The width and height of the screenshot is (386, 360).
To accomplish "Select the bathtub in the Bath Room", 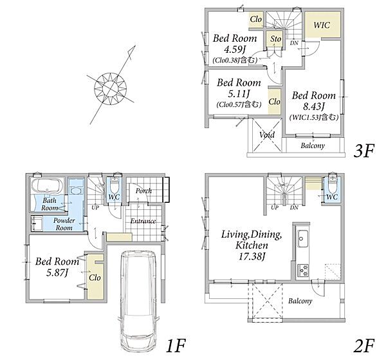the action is pos(47,185).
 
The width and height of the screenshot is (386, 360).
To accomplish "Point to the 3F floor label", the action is pos(364,151).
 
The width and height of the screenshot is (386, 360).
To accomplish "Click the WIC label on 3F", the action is pos(322,25).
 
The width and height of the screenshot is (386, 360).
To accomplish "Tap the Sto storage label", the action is pos(275,39).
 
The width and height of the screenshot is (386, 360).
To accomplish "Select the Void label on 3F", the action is pos(267,135).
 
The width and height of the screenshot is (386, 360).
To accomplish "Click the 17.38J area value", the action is pos(252,257).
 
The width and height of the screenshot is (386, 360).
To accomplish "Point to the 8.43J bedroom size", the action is pos(314,106).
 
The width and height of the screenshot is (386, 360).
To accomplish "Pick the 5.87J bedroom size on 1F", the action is pos(57,272).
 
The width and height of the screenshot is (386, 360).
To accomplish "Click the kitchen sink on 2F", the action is pos(302,238).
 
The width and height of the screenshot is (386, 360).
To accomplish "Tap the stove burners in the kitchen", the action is pos(303,270).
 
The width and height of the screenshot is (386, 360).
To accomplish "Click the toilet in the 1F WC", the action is pos(114,185).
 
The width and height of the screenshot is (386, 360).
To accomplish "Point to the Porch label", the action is pos(143,191).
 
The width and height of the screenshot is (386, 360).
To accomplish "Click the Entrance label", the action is pos(143,221).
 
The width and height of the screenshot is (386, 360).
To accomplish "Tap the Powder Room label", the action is pos(64,224).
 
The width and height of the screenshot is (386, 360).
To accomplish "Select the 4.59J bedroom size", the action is pos(235,50).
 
